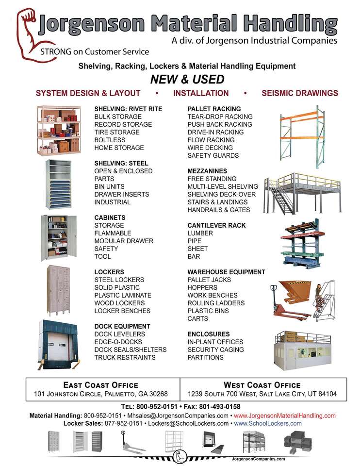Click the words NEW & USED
187,79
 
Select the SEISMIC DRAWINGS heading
299,93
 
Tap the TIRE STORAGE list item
116,132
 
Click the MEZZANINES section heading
207,171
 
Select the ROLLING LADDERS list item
216,303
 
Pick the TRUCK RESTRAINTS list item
125,357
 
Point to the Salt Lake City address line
263,394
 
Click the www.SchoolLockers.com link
268,423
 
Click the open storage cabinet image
58,238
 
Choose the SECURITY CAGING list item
213,349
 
